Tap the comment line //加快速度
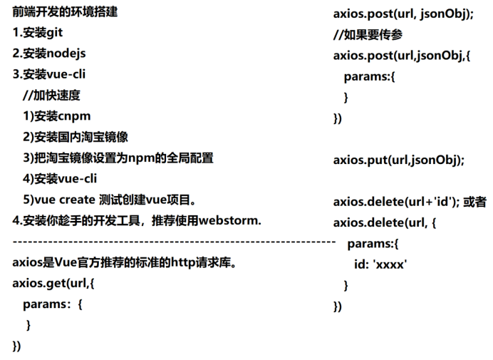tap(51, 95)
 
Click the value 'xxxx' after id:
tap(390, 265)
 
